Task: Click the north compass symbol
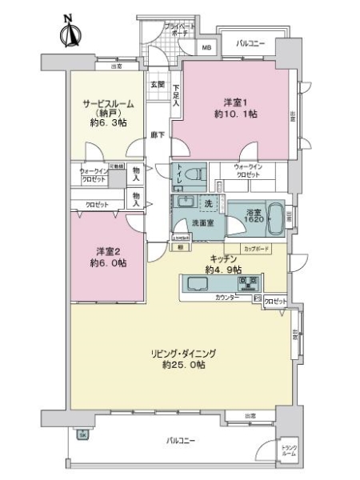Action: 69,33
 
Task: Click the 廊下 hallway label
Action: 158,135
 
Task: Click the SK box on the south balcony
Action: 83,434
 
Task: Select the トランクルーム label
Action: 289,450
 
